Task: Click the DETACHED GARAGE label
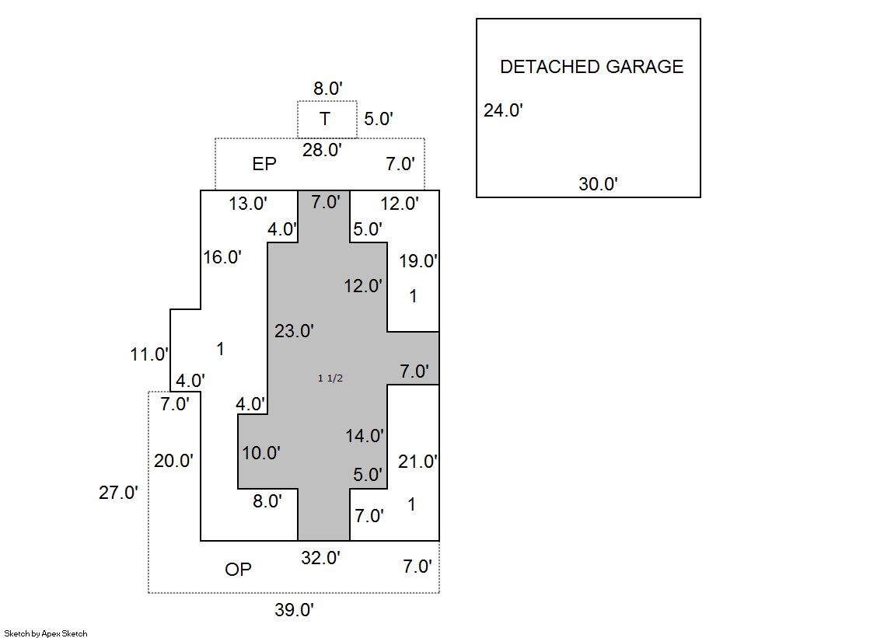tap(591, 67)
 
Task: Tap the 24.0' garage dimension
tap(502, 110)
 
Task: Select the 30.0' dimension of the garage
tap(598, 184)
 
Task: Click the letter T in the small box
tap(325, 119)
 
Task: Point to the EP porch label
tap(264, 164)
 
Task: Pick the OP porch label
tap(238, 570)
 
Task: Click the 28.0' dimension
tap(322, 150)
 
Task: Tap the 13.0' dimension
tap(248, 204)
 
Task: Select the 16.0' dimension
tap(222, 257)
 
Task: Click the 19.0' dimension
tap(418, 261)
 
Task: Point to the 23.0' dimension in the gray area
tap(294, 331)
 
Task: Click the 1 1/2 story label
tap(330, 378)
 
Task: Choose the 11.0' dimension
tap(149, 354)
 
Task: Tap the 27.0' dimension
tap(118, 492)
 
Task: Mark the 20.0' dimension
tap(173, 460)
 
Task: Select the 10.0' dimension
tap(260, 453)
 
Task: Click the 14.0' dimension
tap(365, 436)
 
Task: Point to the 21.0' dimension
tap(418, 462)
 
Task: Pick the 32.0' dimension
tap(320, 557)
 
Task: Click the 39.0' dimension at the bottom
tap(294, 610)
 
